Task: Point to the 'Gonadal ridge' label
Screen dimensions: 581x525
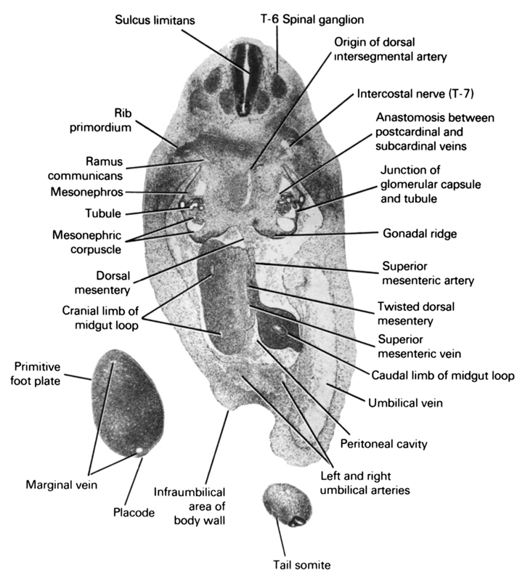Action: tap(420, 234)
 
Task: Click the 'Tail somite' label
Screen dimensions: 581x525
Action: tap(292, 564)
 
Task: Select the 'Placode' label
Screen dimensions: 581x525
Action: tap(134, 512)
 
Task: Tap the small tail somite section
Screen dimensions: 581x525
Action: tap(285, 505)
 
